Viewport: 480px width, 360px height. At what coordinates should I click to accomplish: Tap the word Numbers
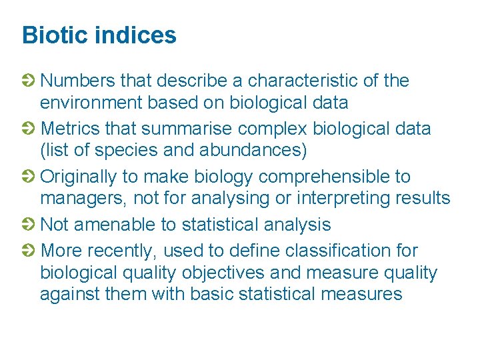coord(77,81)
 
